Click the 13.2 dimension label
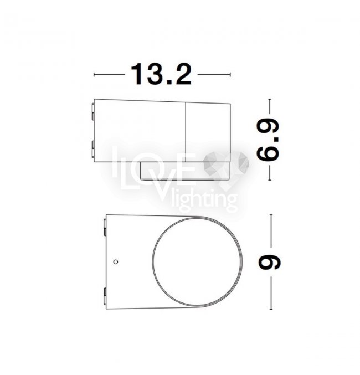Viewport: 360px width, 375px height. click(x=161, y=74)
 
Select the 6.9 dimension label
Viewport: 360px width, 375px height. click(x=268, y=139)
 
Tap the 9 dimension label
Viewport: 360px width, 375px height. click(x=269, y=262)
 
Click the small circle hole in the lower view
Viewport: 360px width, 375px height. click(x=116, y=261)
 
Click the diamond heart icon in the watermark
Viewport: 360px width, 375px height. click(x=226, y=167)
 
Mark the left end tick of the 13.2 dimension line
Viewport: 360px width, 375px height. click(x=94, y=75)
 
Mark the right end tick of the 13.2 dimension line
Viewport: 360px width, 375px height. click(x=230, y=75)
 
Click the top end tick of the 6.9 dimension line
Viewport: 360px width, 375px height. click(x=270, y=99)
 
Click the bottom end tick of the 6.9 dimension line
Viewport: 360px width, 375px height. click(x=270, y=180)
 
